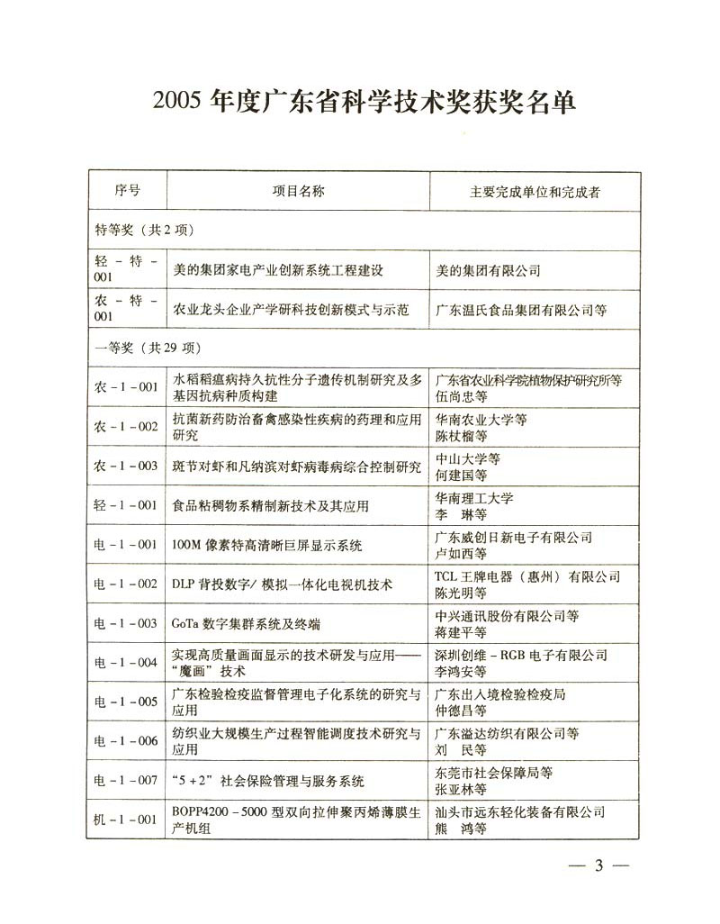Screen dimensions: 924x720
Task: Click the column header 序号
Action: point(127,192)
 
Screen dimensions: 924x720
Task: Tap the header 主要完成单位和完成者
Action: point(535,193)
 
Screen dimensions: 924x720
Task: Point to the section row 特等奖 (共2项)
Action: point(144,231)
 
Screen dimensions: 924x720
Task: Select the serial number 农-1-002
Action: point(127,426)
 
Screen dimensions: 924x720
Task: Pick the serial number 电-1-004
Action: point(127,663)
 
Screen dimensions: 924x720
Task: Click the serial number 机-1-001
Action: point(127,820)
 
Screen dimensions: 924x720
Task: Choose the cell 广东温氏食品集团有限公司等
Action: point(521,310)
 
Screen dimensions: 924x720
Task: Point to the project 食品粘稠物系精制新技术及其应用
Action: point(270,506)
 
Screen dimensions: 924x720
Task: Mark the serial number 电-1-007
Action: point(127,781)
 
